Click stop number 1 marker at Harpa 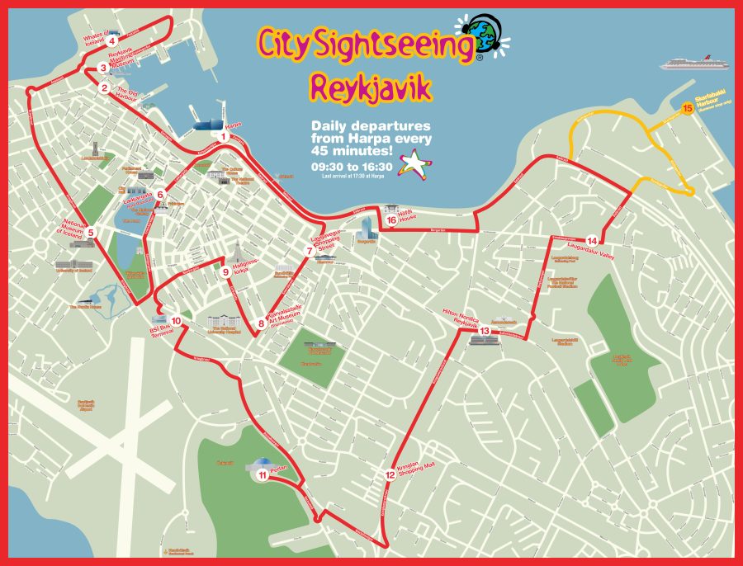(223, 136)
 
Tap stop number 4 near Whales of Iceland (110, 40)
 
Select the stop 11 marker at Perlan (262, 474)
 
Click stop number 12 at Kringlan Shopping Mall (390, 474)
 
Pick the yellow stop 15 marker (687, 106)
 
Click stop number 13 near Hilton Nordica (485, 331)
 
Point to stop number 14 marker (592, 240)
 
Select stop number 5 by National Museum (92, 233)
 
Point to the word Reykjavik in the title (371, 85)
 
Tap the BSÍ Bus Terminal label (159, 326)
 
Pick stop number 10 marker (176, 320)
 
